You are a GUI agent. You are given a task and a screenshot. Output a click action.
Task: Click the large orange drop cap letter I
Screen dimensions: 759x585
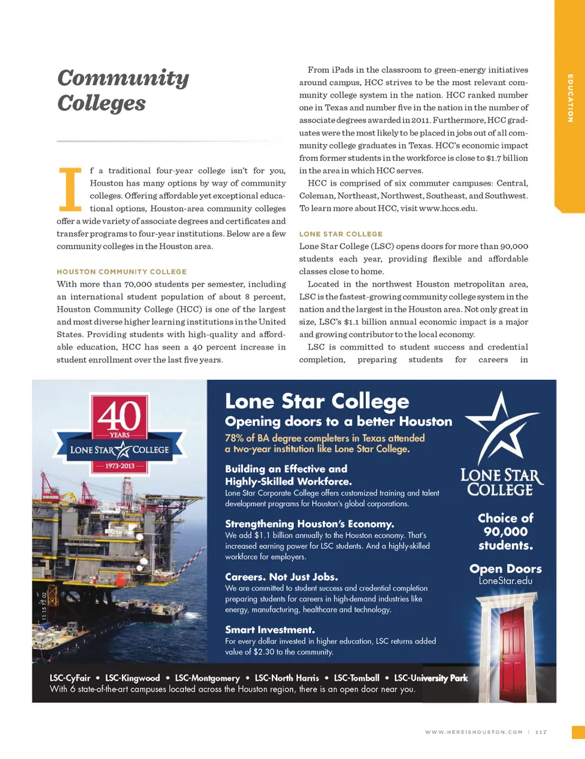[69, 188]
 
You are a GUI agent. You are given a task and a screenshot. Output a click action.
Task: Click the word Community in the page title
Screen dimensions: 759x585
[123, 78]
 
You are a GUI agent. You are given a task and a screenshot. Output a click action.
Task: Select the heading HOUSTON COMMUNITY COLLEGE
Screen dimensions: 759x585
[122, 272]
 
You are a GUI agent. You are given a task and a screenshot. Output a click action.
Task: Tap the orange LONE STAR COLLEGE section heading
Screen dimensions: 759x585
[341, 234]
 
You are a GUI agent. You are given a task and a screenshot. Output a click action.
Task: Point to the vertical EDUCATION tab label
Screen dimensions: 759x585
[570, 98]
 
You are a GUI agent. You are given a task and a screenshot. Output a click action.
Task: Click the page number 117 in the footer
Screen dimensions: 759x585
[541, 732]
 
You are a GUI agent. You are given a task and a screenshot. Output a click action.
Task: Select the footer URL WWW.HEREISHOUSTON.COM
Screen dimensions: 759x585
[473, 732]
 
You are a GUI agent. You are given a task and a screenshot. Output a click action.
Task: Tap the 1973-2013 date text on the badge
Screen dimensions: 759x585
[119, 466]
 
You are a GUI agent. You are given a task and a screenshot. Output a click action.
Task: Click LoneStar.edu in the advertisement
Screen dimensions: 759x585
[505, 581]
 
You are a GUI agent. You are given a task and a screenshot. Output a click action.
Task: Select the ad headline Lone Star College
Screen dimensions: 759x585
[317, 401]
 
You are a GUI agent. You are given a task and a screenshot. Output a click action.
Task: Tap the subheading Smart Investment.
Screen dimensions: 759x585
[269, 630]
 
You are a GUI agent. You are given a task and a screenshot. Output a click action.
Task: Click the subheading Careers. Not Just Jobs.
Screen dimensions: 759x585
[281, 577]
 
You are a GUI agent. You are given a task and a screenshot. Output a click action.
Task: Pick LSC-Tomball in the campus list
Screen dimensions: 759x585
[356, 678]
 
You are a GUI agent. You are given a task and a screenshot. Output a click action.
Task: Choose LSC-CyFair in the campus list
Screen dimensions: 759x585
[70, 678]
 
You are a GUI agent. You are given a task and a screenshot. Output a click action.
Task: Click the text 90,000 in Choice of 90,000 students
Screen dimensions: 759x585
[505, 532]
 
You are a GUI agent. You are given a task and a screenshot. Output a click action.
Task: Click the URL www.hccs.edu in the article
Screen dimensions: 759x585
[448, 208]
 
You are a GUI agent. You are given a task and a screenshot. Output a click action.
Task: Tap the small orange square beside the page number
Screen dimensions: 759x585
[578, 732]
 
